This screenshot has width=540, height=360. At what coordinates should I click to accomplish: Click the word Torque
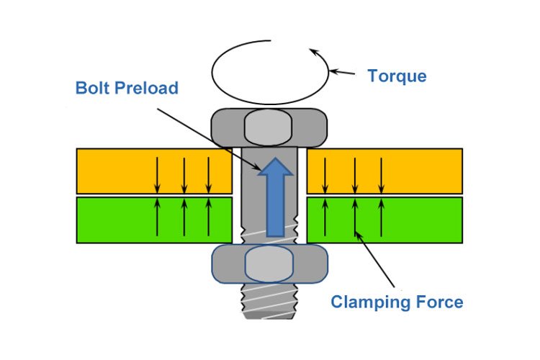[x=397, y=76]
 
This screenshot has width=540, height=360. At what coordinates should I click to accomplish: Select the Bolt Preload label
[x=127, y=90]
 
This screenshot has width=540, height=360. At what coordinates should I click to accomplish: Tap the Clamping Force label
[x=397, y=302]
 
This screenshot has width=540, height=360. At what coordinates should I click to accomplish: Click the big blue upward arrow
[x=274, y=197]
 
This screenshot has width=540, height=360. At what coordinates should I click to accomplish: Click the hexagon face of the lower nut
[x=269, y=264]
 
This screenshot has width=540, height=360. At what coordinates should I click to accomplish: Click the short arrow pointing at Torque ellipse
[x=346, y=73]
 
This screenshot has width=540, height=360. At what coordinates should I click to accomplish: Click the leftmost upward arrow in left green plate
[x=158, y=216]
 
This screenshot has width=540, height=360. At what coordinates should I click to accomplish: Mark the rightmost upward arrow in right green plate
[x=381, y=216]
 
